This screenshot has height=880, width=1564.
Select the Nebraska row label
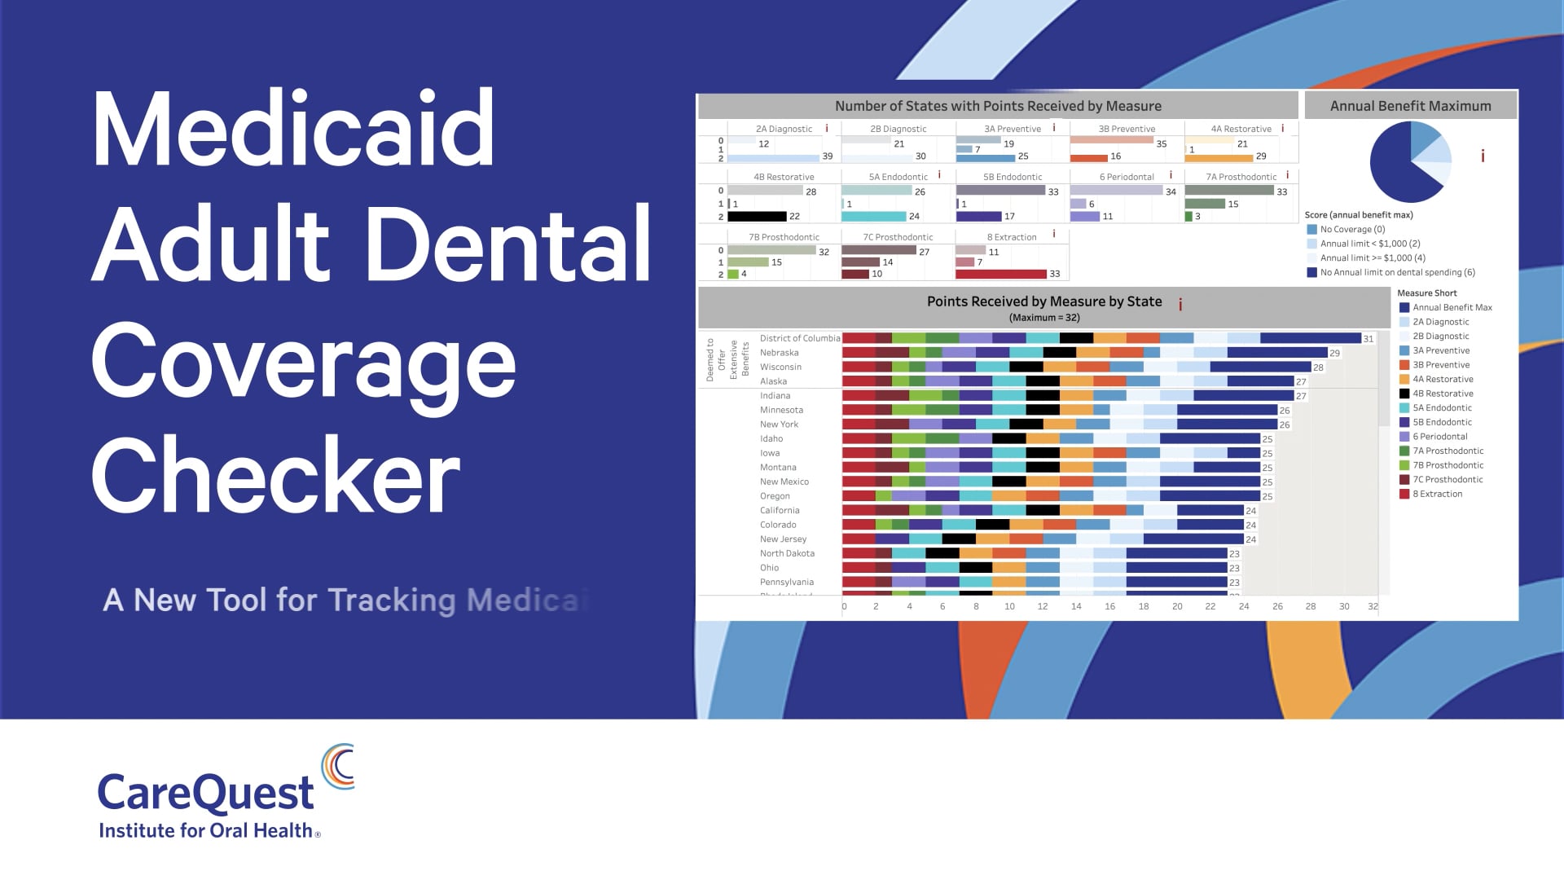(x=779, y=353)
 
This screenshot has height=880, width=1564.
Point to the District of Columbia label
(x=799, y=338)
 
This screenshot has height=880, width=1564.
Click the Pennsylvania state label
(x=786, y=582)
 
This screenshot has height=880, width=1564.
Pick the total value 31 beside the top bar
(x=1368, y=339)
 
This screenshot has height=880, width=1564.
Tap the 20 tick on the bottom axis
(x=1176, y=606)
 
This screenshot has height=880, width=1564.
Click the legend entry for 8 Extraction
(x=1437, y=494)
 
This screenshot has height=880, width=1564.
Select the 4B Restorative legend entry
(x=1442, y=394)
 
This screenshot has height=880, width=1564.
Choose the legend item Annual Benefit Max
(x=1452, y=307)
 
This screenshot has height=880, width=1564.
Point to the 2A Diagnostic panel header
(x=784, y=129)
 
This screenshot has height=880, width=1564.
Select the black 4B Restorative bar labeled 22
(x=757, y=216)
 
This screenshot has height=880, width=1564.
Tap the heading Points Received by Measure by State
(x=1043, y=301)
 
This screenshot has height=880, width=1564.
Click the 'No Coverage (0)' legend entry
(x=1351, y=229)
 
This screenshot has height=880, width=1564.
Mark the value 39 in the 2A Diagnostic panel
(x=827, y=156)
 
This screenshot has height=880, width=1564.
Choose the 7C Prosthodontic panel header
(x=898, y=237)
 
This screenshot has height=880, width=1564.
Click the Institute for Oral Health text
(x=205, y=830)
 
